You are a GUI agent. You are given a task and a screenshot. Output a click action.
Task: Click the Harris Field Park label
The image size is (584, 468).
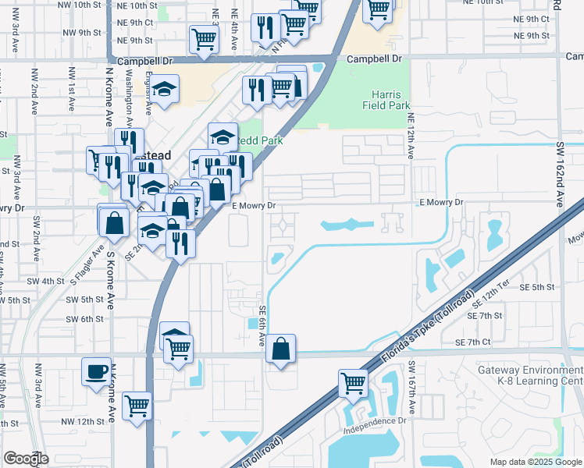[386, 97]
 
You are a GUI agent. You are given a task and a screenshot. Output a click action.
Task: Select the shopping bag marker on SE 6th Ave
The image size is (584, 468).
[281, 348]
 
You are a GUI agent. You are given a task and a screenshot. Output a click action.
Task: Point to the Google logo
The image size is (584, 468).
[26, 459]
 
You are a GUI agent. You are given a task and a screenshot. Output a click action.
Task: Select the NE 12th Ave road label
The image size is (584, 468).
[410, 134]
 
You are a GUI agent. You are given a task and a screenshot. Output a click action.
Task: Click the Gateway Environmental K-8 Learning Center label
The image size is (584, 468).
[531, 375]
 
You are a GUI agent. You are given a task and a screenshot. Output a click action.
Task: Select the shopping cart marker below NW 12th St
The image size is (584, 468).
[137, 405]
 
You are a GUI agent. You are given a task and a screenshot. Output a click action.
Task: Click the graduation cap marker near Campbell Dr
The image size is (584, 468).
[165, 90]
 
